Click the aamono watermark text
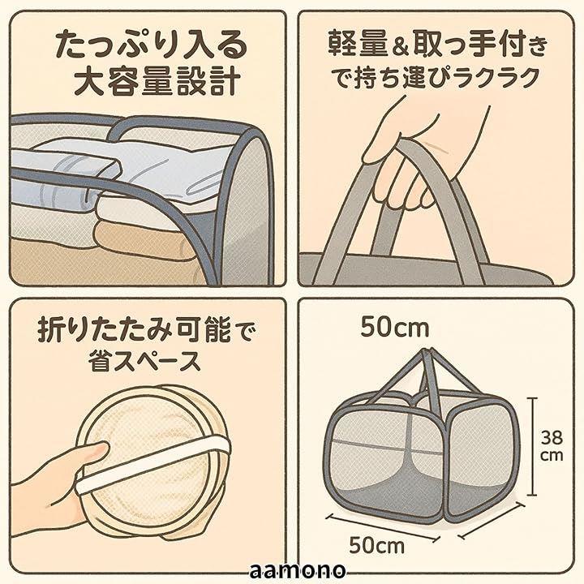point(297,570)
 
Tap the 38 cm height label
point(552,446)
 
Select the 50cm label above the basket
point(395,328)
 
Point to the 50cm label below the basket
point(376,545)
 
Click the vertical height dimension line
point(532,447)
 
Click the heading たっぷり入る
point(152,45)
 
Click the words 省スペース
point(145,360)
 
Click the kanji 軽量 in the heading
point(357,45)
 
